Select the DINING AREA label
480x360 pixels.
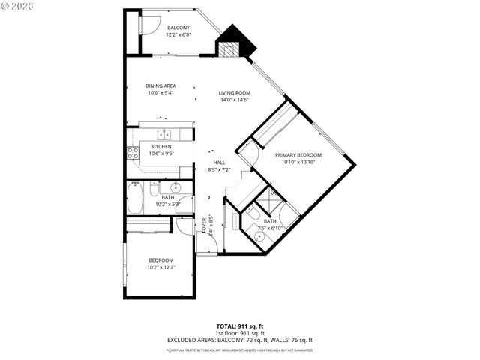(160, 86)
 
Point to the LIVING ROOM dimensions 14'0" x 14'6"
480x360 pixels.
(234, 100)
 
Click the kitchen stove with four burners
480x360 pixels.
(133, 154)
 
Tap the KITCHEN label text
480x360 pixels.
(161, 146)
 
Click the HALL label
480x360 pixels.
(219, 163)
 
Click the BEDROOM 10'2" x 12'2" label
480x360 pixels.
(161, 263)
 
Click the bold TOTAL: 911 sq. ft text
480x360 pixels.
(240, 325)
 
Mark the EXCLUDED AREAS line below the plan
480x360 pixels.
(240, 340)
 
